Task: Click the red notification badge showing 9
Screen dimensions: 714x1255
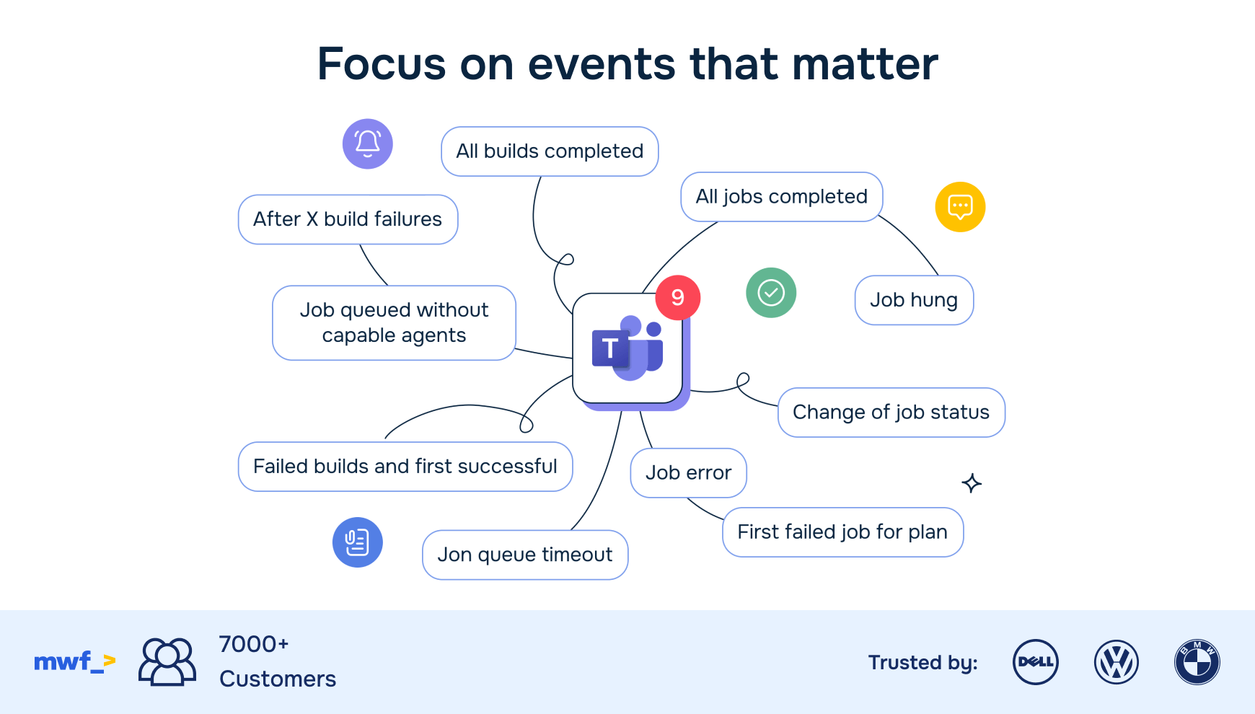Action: tap(677, 297)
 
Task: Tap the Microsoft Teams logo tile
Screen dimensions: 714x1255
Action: tap(627, 349)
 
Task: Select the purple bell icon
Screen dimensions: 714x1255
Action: tap(367, 144)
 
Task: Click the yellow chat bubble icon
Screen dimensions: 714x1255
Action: tap(960, 207)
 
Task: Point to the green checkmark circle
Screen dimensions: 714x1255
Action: tap(771, 293)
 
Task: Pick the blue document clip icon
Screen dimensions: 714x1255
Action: tap(357, 542)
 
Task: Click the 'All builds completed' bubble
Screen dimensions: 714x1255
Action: tap(550, 151)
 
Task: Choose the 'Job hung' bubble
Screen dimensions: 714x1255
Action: tap(914, 300)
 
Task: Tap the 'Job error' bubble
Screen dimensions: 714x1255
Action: tap(688, 473)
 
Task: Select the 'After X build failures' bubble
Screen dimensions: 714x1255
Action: tap(348, 219)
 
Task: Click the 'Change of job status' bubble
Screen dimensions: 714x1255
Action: tap(891, 413)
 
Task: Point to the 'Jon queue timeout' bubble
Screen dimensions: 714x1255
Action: tap(525, 555)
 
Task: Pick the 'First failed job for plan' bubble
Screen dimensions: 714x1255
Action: tap(842, 532)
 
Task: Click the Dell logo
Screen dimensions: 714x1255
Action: tap(1035, 662)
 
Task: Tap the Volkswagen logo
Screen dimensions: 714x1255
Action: tap(1116, 662)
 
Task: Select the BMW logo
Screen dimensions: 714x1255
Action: tap(1197, 662)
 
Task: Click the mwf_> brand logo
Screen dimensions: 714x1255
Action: tap(74, 661)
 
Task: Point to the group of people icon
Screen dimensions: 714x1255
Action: tap(167, 661)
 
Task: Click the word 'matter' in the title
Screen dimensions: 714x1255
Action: tap(865, 63)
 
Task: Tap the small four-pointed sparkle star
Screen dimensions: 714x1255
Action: tap(972, 483)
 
